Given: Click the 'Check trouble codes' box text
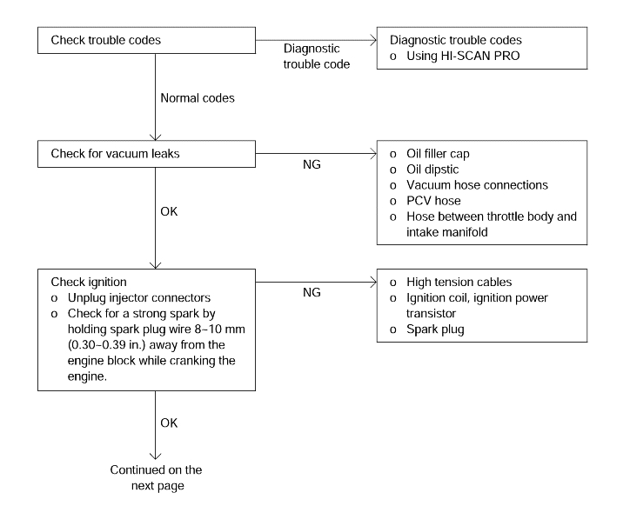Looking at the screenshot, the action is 105,40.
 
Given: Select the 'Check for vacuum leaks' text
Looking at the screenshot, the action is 115,154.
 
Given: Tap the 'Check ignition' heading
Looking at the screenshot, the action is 89,283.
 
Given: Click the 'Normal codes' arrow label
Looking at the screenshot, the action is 198,98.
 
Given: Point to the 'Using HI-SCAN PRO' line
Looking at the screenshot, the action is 463,56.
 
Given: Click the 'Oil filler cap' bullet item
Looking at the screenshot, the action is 438,154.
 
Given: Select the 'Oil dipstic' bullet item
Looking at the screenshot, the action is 432,170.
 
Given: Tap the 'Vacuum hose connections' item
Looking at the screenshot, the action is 477,185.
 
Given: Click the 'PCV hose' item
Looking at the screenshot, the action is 433,201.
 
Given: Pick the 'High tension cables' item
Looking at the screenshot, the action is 459,283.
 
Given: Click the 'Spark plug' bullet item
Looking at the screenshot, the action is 435,330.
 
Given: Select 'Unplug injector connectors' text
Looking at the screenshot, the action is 139,298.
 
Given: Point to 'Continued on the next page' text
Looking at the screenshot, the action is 157,478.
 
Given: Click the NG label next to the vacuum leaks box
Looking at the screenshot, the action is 312,164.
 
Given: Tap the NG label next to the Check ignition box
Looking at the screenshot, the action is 312,292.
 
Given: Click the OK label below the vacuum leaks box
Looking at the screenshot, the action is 169,211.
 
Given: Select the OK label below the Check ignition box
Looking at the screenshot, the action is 169,423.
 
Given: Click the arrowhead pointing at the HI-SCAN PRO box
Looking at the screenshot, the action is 373,40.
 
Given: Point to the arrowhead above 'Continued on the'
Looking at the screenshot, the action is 156,456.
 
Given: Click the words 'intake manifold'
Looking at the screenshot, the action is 446,232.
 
